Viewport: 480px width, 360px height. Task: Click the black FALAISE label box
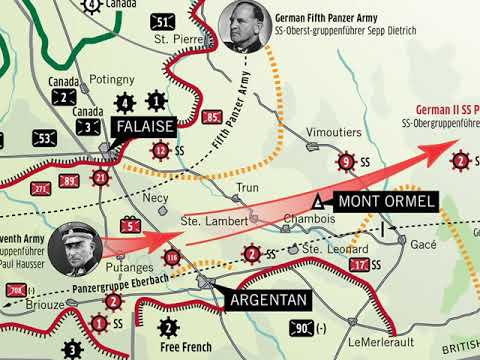145,127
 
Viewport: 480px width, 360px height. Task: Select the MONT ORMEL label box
386,202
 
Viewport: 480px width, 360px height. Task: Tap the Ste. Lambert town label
206,220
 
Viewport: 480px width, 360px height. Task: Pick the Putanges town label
129,269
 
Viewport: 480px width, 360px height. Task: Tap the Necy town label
156,198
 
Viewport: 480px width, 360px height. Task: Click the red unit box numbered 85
211,118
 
